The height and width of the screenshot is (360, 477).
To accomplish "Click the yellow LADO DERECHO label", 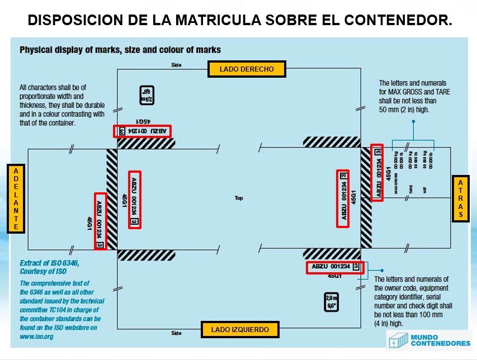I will pyautogui.click(x=247, y=69).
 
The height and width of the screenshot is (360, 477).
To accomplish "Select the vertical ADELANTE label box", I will pyautogui.click(x=16, y=198).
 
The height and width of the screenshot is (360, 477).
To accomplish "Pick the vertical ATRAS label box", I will pyautogui.click(x=460, y=198).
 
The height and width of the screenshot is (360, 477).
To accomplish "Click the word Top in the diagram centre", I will pyautogui.click(x=239, y=198).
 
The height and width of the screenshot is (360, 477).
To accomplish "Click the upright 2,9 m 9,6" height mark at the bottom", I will pyautogui.click(x=331, y=302).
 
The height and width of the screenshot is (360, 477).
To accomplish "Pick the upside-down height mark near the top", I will pyautogui.click(x=147, y=95).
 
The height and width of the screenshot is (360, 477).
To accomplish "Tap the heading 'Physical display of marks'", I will pyautogui.click(x=120, y=50).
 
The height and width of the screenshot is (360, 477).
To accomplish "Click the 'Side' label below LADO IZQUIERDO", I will pyautogui.click(x=176, y=333).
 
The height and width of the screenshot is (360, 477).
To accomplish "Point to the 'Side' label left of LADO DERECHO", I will pyautogui.click(x=176, y=65).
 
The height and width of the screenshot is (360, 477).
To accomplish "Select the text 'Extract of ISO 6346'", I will pyautogui.click(x=50, y=263).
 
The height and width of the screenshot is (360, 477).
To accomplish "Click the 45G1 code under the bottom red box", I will pyautogui.click(x=334, y=276).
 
